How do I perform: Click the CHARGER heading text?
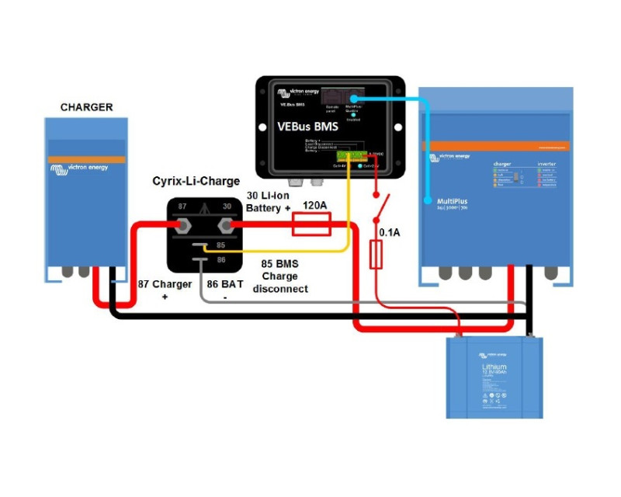point(86,107)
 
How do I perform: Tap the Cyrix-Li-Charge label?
point(196,182)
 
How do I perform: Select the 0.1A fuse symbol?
point(376,254)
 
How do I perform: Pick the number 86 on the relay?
point(221,261)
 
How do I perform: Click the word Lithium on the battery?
point(494,367)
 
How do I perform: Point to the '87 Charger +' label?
point(165,290)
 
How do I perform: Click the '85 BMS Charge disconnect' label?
point(280,276)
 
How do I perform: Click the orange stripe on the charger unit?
point(86,159)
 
